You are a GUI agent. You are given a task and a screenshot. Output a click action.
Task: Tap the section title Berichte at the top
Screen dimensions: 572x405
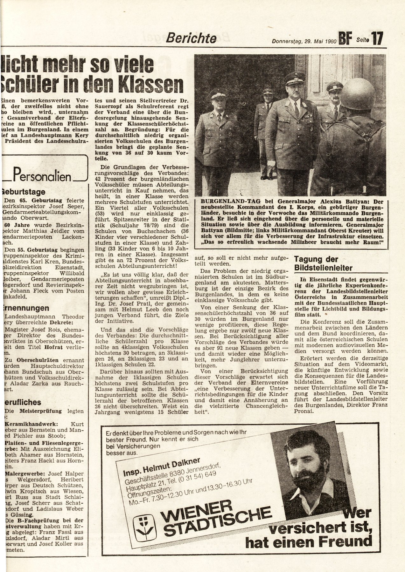tap(192, 38)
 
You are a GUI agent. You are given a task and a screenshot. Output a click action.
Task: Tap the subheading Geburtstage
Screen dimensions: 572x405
tap(24, 192)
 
